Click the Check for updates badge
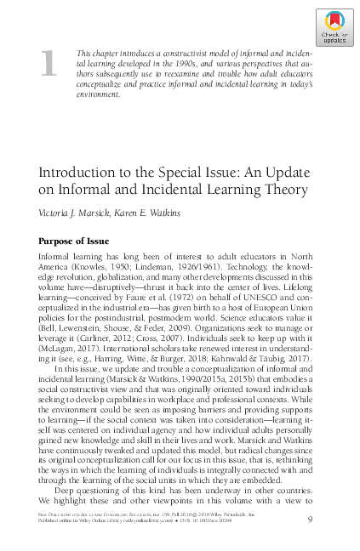[x=334, y=27]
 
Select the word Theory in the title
[x=285, y=190]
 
